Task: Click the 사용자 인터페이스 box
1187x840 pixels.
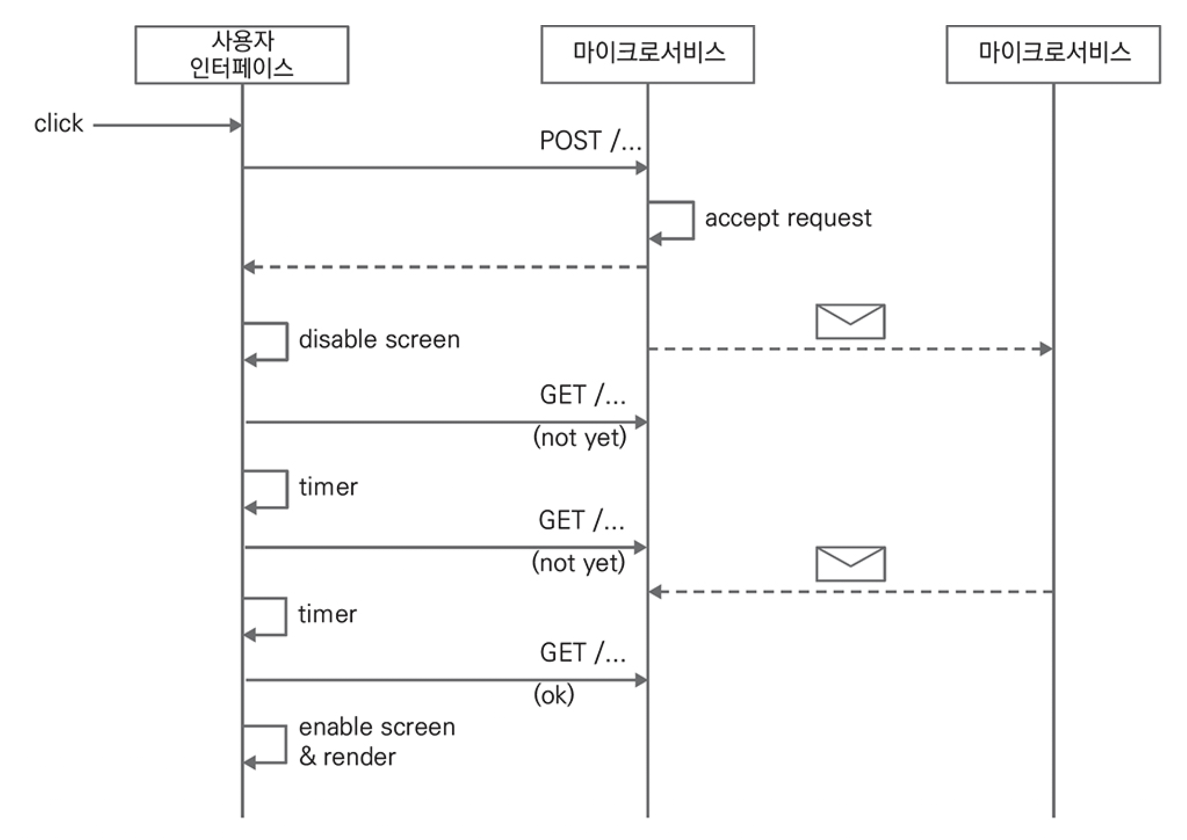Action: [242, 54]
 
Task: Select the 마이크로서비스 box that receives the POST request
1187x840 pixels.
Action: [647, 54]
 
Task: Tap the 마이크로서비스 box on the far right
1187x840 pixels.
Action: [1053, 54]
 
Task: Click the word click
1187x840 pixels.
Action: [59, 123]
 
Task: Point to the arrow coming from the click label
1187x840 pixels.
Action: [167, 125]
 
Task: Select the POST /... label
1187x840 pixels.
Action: [590, 140]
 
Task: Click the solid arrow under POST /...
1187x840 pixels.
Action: [445, 168]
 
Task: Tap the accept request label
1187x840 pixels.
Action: [788, 218]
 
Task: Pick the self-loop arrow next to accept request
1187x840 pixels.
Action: [694, 220]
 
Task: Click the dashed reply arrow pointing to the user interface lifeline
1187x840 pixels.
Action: [445, 267]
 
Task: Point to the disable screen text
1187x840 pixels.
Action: [379, 340]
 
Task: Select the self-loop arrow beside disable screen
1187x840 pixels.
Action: [287, 341]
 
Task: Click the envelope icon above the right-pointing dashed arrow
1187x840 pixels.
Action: [850, 321]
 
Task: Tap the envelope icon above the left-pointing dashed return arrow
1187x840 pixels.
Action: [850, 564]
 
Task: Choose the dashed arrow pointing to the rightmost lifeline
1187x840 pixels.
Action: [850, 349]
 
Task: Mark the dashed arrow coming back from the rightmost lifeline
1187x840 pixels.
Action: [850, 592]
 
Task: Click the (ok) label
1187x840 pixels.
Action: [553, 695]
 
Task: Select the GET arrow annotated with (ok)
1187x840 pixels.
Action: [446, 680]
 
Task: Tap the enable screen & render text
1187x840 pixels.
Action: [377, 742]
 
